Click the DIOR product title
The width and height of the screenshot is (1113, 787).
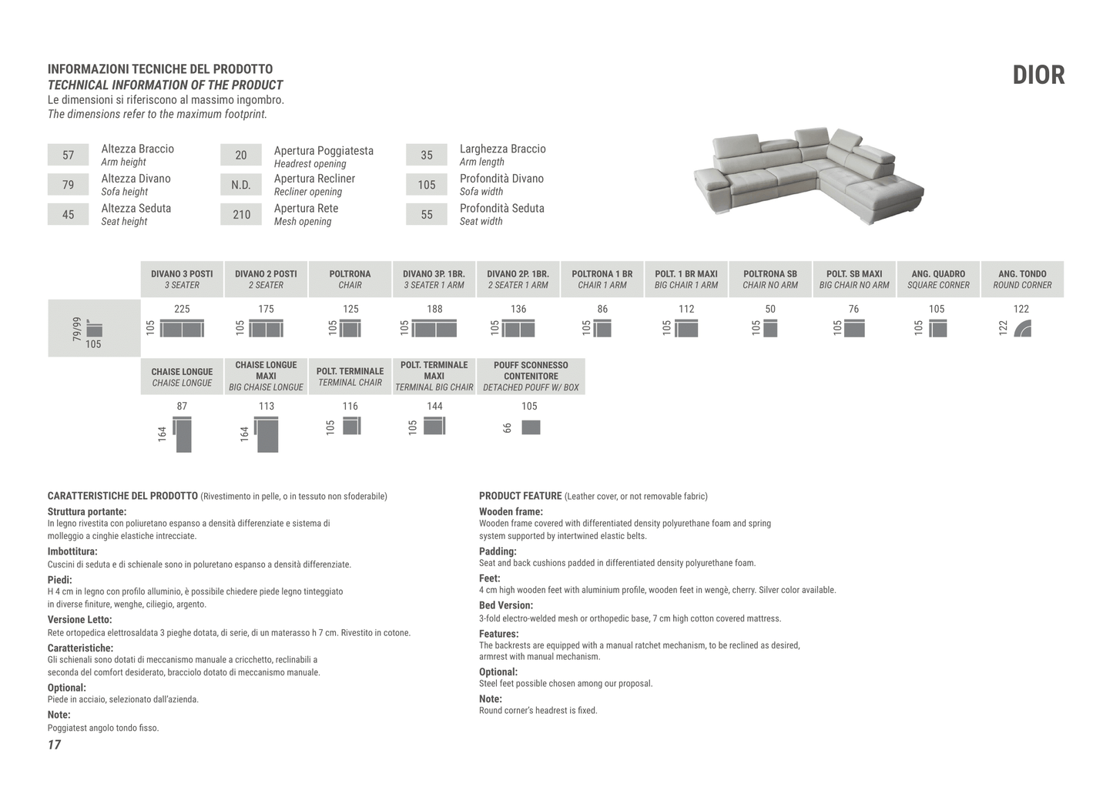click(x=1038, y=75)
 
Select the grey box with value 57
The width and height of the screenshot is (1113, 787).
click(x=68, y=155)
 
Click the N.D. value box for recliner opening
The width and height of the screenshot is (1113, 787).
click(x=241, y=185)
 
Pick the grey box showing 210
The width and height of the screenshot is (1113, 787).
click(x=241, y=214)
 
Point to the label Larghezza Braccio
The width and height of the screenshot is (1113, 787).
click(x=502, y=149)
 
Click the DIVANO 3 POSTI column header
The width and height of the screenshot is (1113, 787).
click(x=182, y=279)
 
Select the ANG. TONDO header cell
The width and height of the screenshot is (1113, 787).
click(x=1022, y=279)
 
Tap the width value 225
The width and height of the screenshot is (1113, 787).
click(x=182, y=309)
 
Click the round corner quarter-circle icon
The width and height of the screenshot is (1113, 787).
click(x=1023, y=329)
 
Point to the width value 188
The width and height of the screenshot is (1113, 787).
click(x=434, y=309)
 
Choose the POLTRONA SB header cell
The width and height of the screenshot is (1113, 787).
click(x=770, y=279)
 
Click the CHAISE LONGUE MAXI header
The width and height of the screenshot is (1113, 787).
click(x=266, y=376)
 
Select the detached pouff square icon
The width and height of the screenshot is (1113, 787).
click(x=531, y=427)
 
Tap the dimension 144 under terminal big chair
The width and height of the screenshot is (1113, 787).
click(x=434, y=406)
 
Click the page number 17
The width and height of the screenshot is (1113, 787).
click(x=54, y=745)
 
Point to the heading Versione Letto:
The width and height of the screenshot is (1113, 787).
click(x=79, y=619)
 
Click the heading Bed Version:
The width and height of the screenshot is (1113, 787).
click(x=506, y=605)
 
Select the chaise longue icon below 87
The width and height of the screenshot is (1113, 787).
click(x=183, y=434)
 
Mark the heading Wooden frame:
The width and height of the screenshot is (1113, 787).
click(x=511, y=511)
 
